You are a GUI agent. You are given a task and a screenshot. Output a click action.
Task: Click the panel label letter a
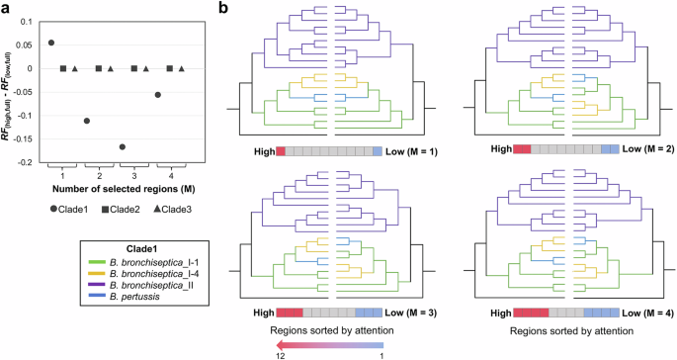click(7, 8)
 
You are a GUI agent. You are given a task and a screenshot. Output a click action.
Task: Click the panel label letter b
click(225, 8)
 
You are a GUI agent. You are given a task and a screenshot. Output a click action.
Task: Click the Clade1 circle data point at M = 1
click(51, 43)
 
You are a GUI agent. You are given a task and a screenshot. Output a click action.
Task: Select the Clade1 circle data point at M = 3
click(122, 146)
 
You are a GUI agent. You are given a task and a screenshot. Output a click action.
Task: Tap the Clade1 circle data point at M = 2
click(87, 121)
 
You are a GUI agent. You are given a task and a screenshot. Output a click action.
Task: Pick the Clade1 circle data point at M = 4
click(157, 95)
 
